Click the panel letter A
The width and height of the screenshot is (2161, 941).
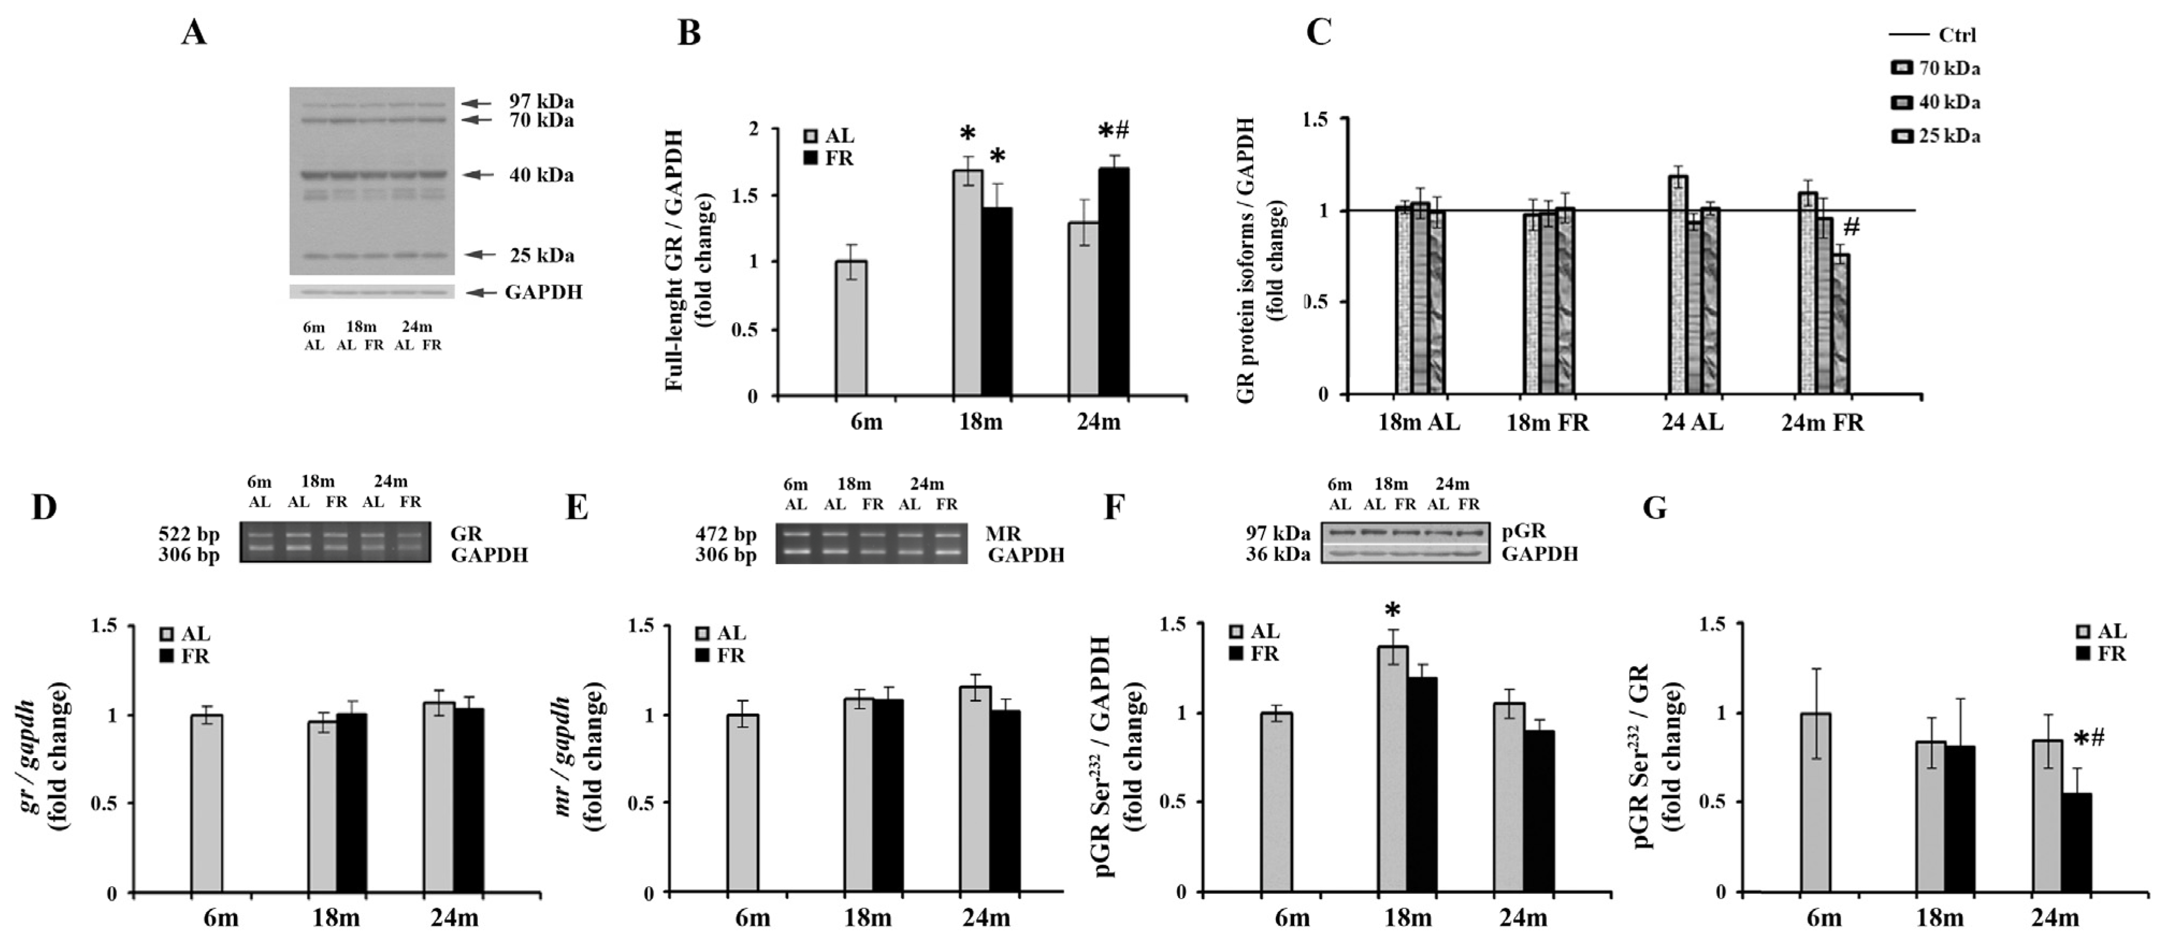194,33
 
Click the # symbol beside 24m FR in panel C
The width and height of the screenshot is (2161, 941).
1851,226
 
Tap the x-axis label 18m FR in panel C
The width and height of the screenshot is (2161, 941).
1548,423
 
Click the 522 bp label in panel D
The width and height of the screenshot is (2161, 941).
189,534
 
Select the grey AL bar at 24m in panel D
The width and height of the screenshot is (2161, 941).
439,798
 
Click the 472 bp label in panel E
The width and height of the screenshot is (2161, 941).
726,534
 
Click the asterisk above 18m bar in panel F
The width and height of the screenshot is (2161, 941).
1394,610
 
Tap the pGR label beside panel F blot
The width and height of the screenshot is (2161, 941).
1524,531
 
